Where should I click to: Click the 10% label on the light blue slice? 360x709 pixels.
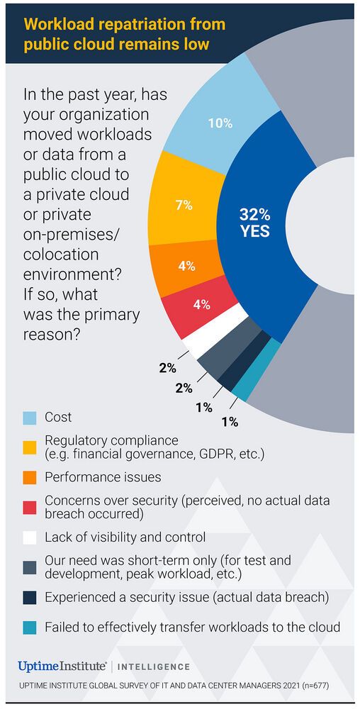coord(220,123)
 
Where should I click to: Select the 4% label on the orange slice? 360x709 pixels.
coord(186,267)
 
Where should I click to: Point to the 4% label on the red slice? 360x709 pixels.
coord(201,305)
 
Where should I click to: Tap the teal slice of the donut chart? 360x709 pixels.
coord(242,389)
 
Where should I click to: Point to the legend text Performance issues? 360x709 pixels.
coord(103,477)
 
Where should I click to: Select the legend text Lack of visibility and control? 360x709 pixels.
coord(125,537)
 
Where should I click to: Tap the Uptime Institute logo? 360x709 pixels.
coord(62,666)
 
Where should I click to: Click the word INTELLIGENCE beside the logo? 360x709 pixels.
coord(154,667)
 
